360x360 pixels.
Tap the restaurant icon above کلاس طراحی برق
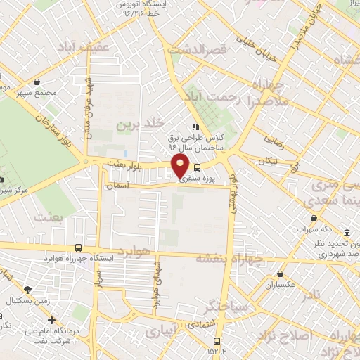coord(195,127)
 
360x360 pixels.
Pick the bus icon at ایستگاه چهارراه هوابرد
coord(77,247)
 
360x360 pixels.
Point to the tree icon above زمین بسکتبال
coord(28,289)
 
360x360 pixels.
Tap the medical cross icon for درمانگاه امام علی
coord(51,320)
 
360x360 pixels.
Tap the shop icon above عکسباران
coord(281,274)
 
